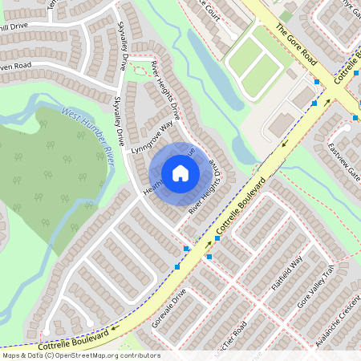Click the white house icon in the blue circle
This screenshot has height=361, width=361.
tap(180, 173)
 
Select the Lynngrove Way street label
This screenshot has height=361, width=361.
tap(152, 137)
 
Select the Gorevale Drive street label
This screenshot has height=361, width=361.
tap(169, 309)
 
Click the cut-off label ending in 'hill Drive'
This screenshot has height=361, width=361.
tap(17, 26)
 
